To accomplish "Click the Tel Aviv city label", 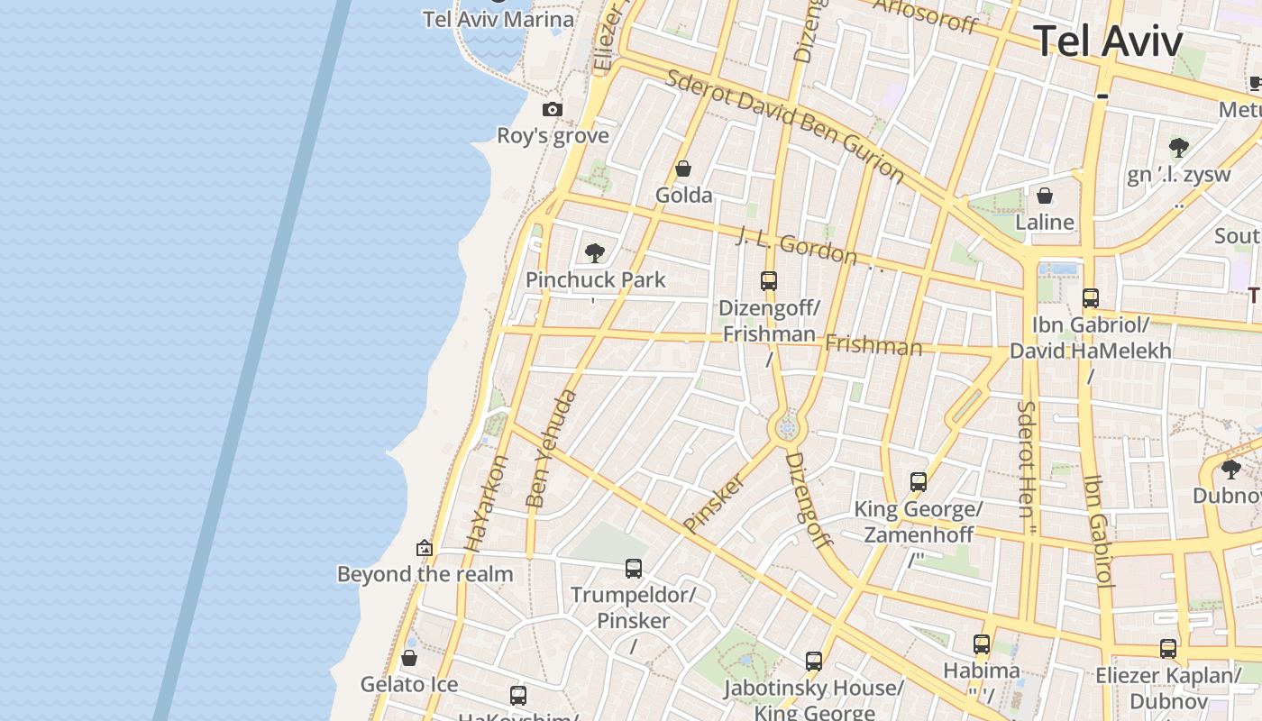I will point(1107,41).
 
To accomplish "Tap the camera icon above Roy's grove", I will point(553,110).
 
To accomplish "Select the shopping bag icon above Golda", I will point(683,169).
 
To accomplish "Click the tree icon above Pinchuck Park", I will point(594,253).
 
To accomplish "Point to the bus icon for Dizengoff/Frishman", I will point(769,281).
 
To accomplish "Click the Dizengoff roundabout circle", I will point(787,429).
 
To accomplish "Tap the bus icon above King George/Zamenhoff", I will point(919,482).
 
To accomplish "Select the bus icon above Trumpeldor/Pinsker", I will point(634,569).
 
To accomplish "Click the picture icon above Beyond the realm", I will point(425,548).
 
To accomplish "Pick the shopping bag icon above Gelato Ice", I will point(409,659).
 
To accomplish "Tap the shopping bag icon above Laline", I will point(1045,196).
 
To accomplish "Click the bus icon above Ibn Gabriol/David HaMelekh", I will point(1091,298).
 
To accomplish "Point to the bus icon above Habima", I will point(982,644).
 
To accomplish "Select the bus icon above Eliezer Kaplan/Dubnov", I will point(1168,649).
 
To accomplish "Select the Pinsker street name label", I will point(715,502).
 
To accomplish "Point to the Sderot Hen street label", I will point(1027,460).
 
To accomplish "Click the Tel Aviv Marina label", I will point(498,20).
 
